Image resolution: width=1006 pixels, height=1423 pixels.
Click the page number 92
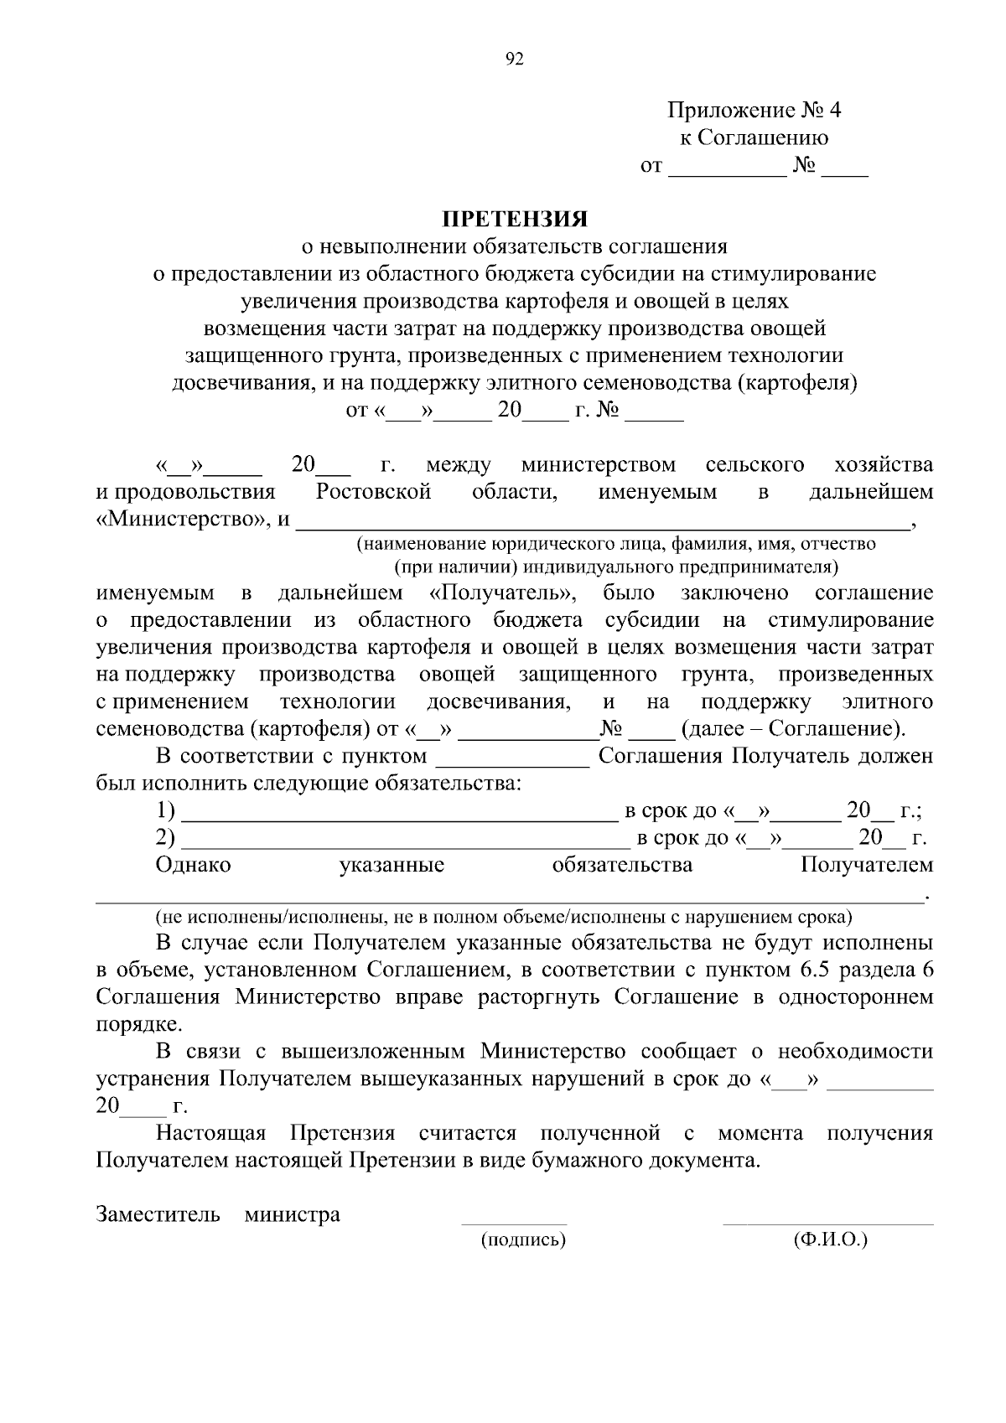(514, 59)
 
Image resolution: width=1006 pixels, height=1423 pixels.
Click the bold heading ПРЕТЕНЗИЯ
(515, 220)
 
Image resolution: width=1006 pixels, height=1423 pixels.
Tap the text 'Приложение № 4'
(753, 111)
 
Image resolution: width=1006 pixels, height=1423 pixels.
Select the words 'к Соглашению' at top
(753, 138)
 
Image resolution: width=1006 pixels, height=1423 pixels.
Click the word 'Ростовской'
(373, 492)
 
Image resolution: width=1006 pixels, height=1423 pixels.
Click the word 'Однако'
(194, 865)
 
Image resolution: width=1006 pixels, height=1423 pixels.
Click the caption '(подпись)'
(523, 1239)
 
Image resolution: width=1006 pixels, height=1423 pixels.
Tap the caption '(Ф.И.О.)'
(829, 1239)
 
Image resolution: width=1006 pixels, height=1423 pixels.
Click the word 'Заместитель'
(158, 1214)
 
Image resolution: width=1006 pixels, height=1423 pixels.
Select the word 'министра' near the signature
(292, 1214)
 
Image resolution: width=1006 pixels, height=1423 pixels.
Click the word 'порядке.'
(138, 1024)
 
